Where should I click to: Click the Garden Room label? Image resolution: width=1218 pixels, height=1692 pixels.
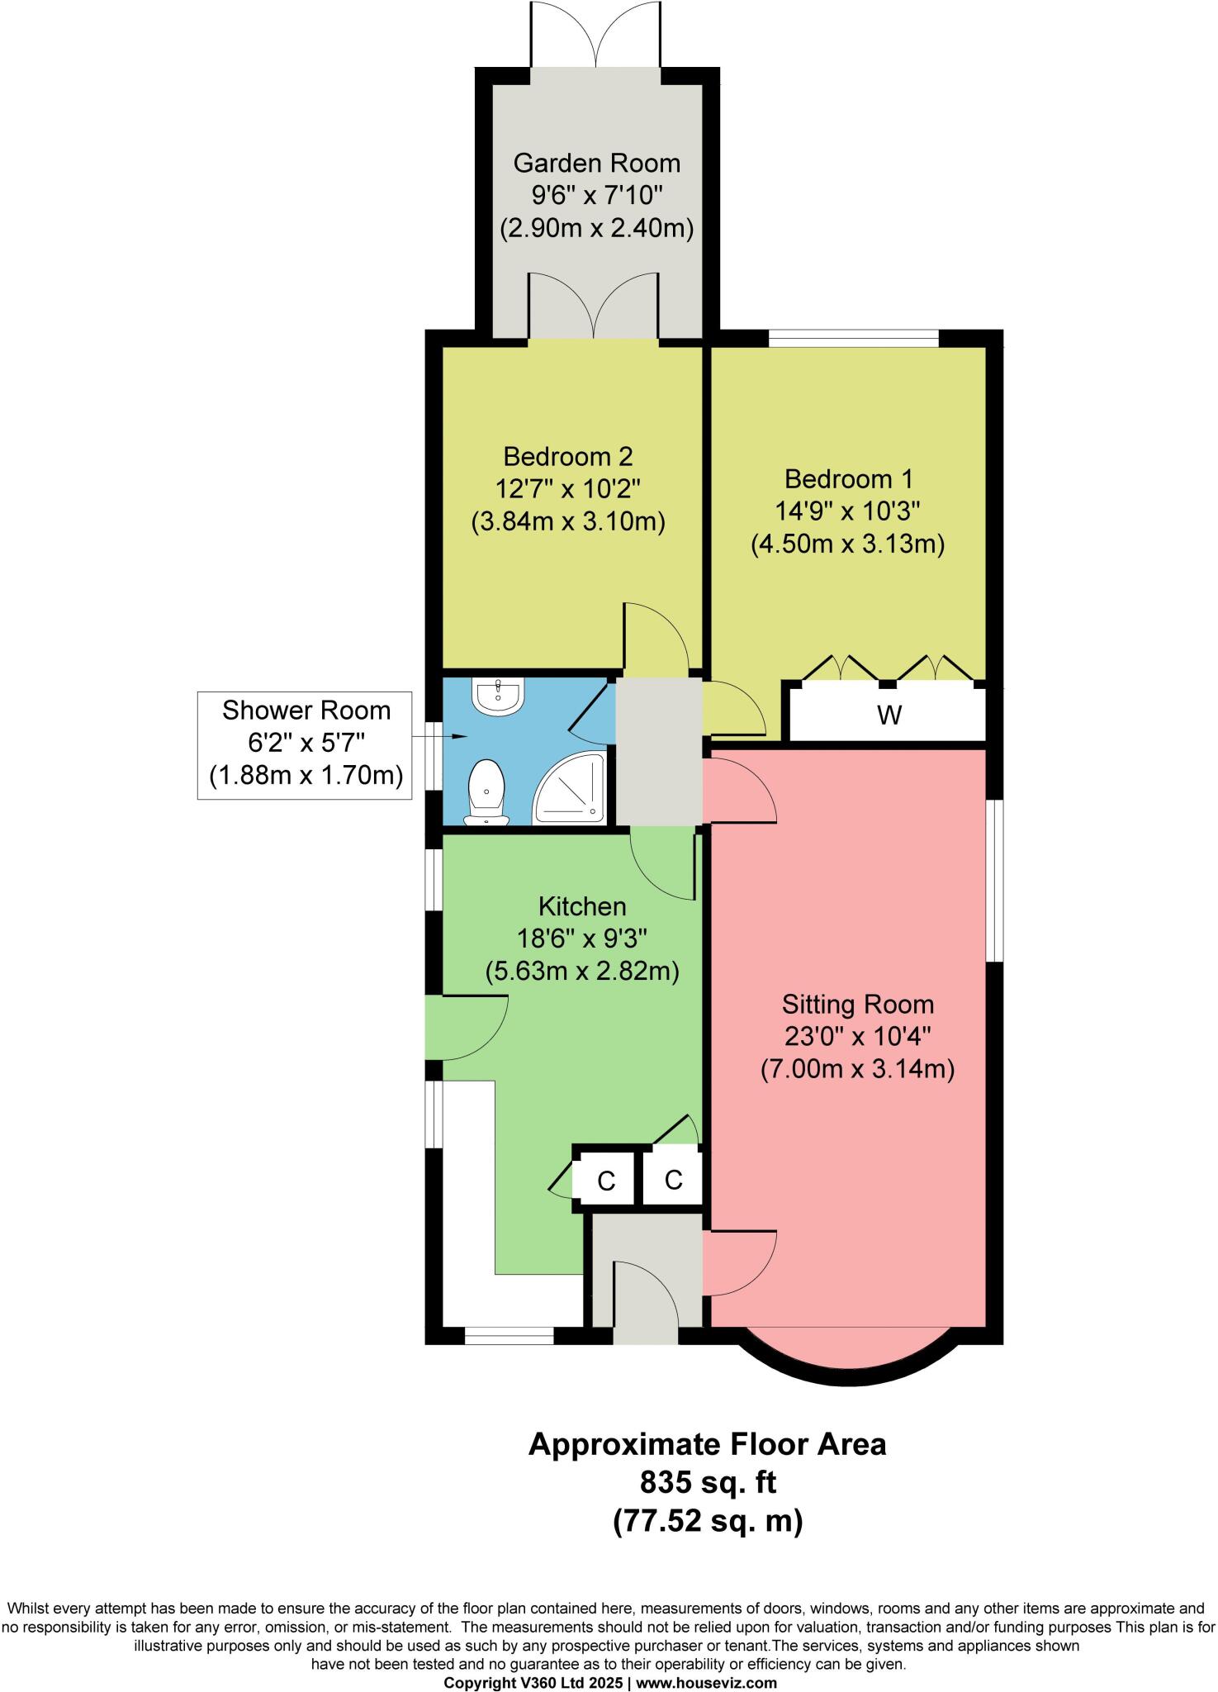[x=596, y=163]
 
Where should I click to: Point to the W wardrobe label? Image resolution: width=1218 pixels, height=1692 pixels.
[x=889, y=715]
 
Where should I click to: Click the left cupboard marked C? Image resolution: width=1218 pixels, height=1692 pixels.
[x=606, y=1181]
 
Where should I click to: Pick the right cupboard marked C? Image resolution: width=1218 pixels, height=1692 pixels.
[x=673, y=1180]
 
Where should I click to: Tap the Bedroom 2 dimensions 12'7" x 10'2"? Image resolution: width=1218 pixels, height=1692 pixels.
[x=568, y=489]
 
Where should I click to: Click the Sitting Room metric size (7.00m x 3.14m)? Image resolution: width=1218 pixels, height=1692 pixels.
[x=857, y=1069]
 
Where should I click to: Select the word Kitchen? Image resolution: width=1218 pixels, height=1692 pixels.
[x=582, y=906]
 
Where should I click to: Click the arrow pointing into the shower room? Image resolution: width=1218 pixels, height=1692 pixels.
[x=456, y=735]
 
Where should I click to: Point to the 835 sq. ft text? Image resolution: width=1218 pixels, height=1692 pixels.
[x=708, y=1482]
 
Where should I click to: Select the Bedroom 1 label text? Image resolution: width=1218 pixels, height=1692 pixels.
[x=849, y=479]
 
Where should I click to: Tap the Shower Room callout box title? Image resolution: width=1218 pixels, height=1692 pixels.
[x=306, y=711]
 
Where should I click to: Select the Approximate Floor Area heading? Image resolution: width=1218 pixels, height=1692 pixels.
[x=707, y=1444]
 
